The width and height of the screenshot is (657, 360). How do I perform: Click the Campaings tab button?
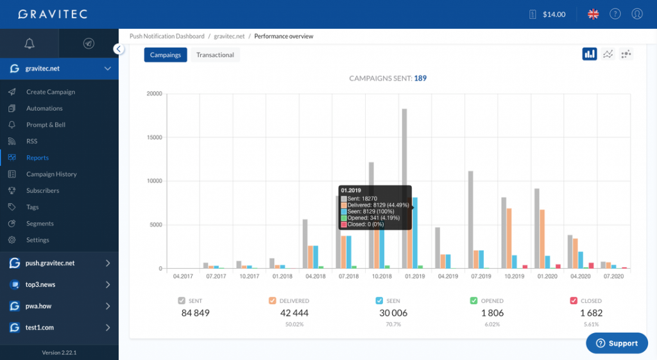click(x=165, y=55)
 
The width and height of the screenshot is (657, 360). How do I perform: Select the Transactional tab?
click(x=215, y=55)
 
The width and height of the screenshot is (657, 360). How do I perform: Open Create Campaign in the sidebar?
click(x=50, y=92)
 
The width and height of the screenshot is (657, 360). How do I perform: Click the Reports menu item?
click(x=37, y=158)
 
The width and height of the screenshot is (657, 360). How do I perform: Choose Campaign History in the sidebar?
click(x=51, y=174)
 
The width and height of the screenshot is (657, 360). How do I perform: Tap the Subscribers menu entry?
click(x=42, y=191)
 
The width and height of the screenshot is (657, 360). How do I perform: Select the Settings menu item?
click(x=37, y=240)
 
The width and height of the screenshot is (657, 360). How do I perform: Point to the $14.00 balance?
click(x=553, y=14)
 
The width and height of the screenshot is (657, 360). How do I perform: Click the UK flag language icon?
click(x=593, y=14)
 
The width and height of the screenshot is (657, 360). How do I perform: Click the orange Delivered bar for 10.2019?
click(x=509, y=238)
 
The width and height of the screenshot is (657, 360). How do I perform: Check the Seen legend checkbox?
click(x=380, y=300)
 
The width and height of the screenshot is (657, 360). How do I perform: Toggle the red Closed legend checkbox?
click(x=574, y=300)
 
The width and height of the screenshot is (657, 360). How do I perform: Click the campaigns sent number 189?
click(x=420, y=78)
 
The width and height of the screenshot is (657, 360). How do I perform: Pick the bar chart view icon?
click(x=589, y=54)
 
